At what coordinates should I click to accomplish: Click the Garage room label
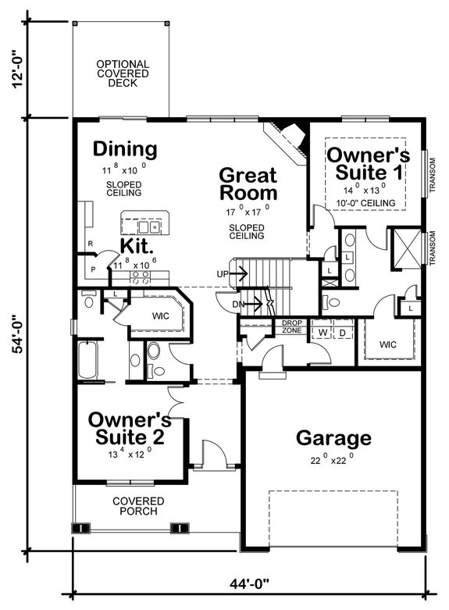[x=333, y=437]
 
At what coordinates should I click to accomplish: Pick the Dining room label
[x=125, y=148]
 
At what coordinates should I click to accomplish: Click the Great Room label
[x=248, y=184]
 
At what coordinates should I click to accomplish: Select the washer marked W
[x=322, y=332]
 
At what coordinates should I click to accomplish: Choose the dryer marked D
[x=342, y=332]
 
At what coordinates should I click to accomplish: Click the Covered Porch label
[x=137, y=506]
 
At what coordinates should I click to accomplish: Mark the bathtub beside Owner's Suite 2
[x=88, y=361]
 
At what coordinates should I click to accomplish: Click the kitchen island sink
[x=149, y=227]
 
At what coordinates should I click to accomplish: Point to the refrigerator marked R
[x=91, y=243]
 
